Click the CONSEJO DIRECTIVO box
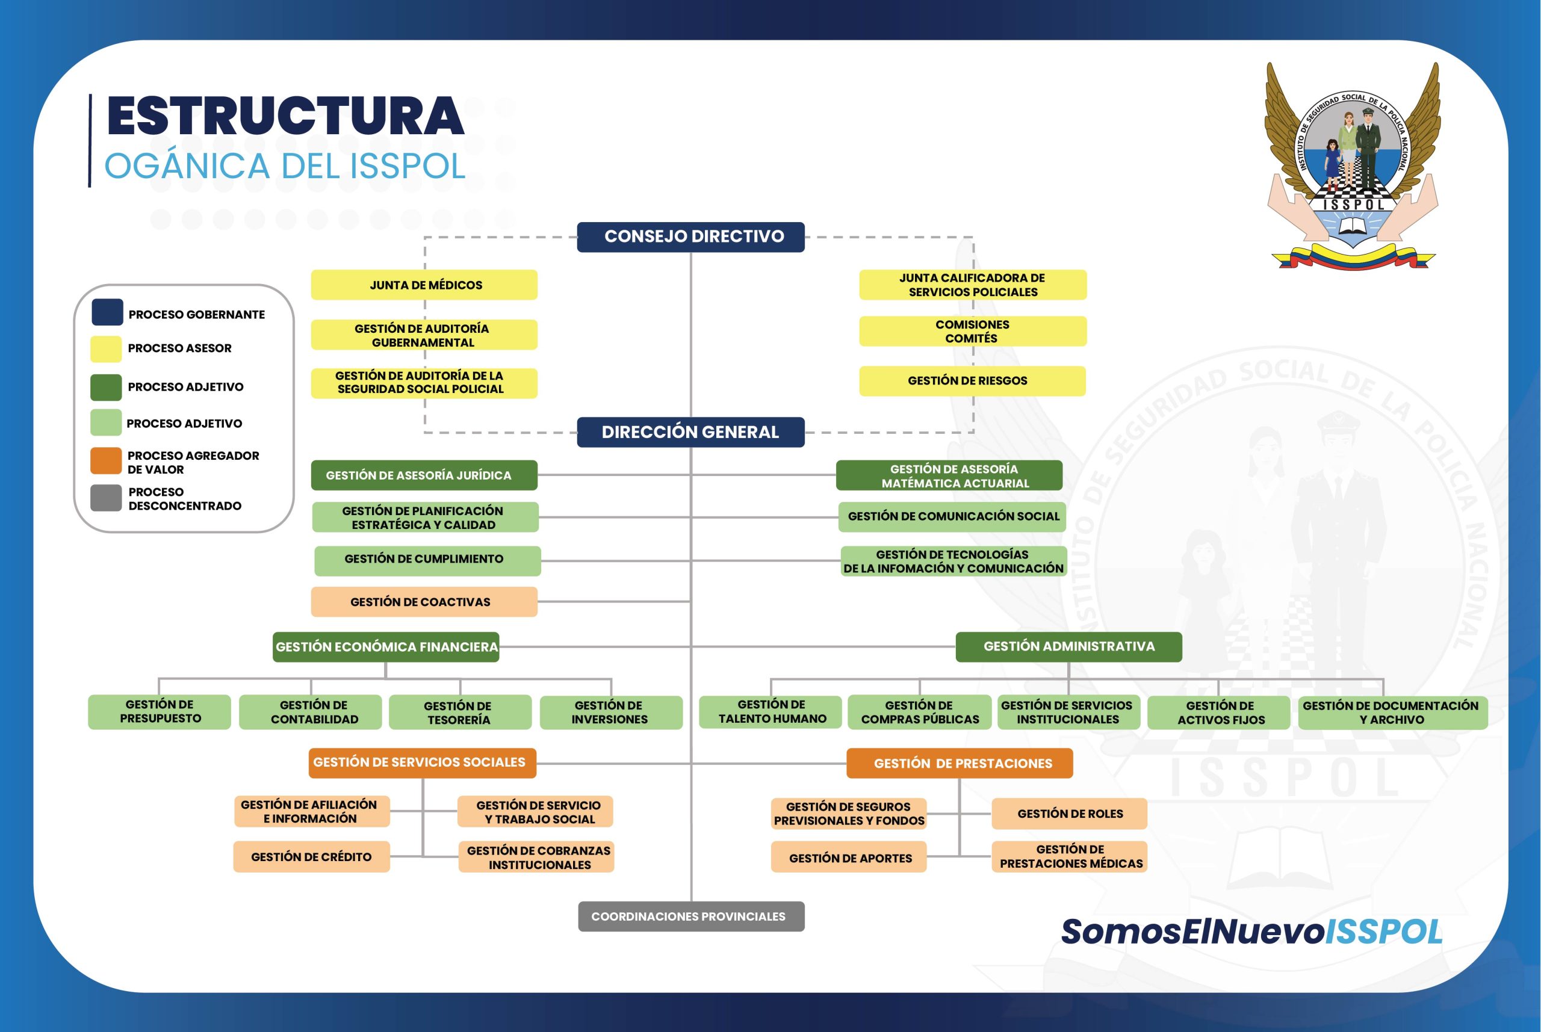690,237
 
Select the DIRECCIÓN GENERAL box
690,433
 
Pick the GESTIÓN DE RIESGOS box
972,381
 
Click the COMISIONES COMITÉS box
972,331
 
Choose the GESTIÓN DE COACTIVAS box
424,602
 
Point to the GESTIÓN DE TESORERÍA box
460,712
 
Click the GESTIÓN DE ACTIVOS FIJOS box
1218,712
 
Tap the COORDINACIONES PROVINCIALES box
691,916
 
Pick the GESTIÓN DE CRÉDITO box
311,857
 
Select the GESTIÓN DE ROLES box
1069,814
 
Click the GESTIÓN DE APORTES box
849,857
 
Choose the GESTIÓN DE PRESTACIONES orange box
959,764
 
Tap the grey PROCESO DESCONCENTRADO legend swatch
106,498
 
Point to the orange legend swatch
106,461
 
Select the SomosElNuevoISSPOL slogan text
1251,932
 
